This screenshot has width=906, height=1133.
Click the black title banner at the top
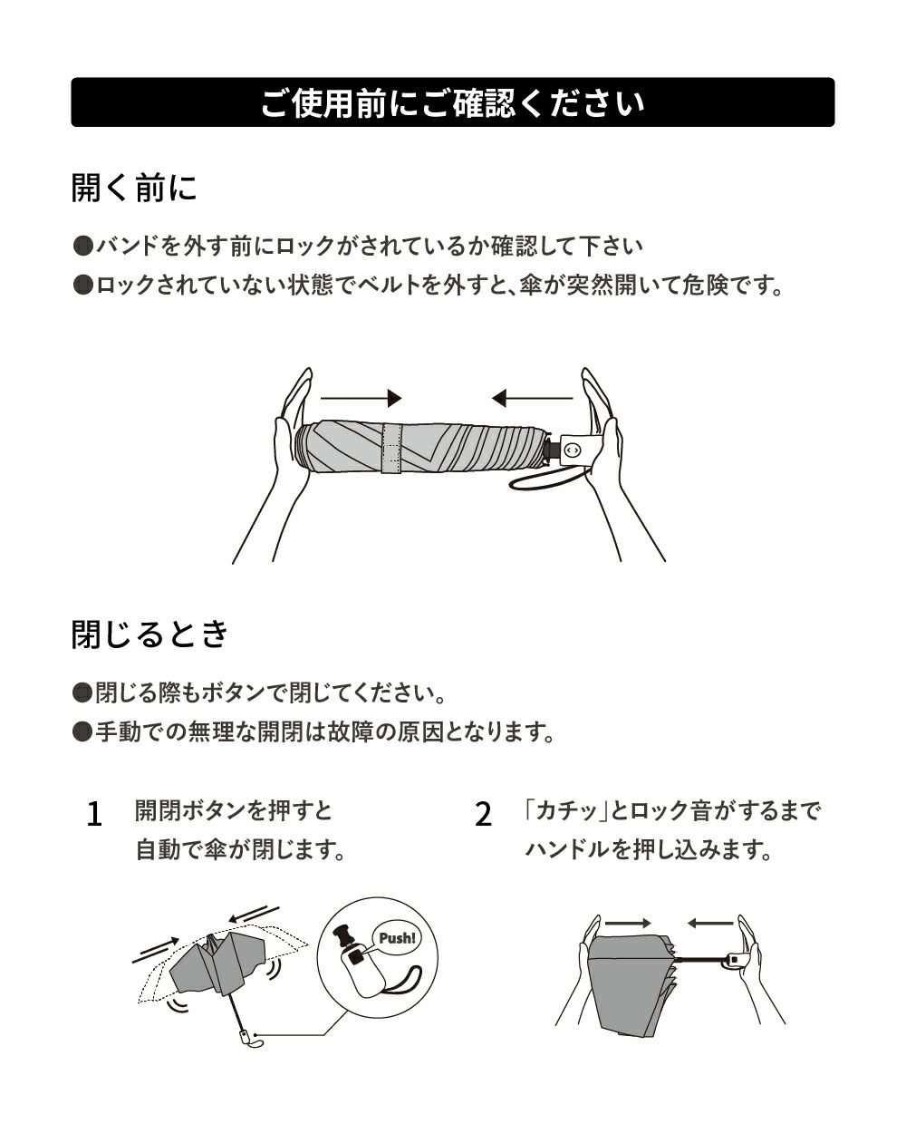pyautogui.click(x=453, y=102)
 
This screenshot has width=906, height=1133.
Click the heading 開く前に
pyautogui.click(x=134, y=188)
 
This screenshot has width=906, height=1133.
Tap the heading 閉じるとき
pyautogui.click(x=150, y=634)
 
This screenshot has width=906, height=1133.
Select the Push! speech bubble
pyautogui.click(x=397, y=938)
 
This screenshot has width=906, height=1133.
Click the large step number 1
pyautogui.click(x=94, y=815)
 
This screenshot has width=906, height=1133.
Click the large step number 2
pyautogui.click(x=483, y=815)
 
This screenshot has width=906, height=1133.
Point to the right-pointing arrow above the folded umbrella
pyautogui.click(x=361, y=398)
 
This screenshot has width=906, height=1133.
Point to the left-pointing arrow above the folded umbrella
pyautogui.click(x=532, y=398)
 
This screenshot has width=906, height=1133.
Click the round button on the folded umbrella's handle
pyautogui.click(x=572, y=450)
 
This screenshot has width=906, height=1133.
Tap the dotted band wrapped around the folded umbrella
pyautogui.click(x=391, y=448)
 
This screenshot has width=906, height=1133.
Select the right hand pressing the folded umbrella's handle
pyautogui.click(x=616, y=463)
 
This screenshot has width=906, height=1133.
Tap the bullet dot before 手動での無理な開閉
pyautogui.click(x=82, y=731)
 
